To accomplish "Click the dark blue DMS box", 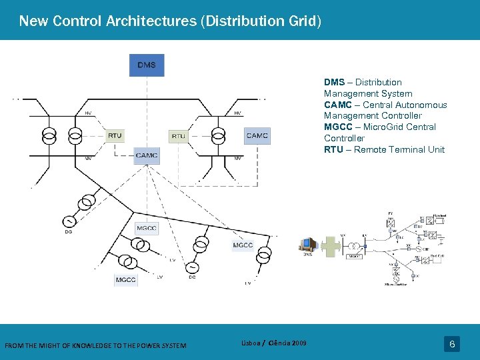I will coord(147,65).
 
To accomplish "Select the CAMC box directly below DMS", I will coord(147,155).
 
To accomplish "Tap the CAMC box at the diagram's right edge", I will coord(257,135).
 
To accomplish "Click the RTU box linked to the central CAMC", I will coord(115,135).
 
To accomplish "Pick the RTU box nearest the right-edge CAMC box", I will coord(179,135).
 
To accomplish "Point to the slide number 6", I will coord(452,344).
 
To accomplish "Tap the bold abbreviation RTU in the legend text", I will coord(334,149).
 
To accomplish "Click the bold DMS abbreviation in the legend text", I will coord(334,82).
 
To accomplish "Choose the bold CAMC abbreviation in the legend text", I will coord(337,105).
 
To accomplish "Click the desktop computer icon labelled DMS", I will coord(308,244).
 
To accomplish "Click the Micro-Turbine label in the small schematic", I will coord(397,284).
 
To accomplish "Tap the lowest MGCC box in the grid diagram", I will coord(126,279).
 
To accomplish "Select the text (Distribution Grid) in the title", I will coord(261,21).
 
